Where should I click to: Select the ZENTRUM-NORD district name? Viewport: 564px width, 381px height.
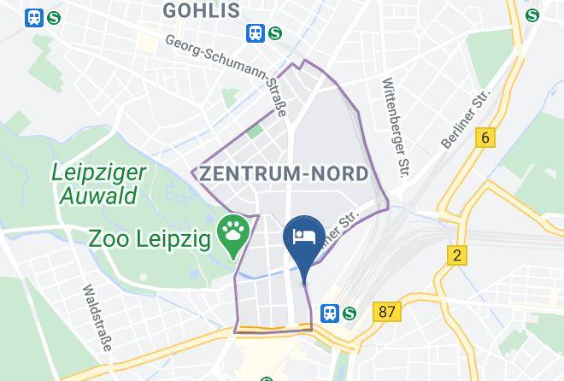click(x=284, y=173)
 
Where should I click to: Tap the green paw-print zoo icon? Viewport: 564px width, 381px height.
click(x=232, y=231)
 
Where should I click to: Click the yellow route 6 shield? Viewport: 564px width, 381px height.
click(x=487, y=138)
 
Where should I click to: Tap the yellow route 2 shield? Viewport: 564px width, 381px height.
click(x=457, y=255)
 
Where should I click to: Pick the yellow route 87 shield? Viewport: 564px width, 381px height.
click(x=387, y=312)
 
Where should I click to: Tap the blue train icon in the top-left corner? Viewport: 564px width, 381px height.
click(x=34, y=16)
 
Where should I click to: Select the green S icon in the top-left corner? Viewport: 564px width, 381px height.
click(x=54, y=16)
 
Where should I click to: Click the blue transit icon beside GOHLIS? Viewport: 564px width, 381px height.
click(x=255, y=32)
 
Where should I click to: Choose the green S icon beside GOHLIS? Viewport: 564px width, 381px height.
click(x=274, y=32)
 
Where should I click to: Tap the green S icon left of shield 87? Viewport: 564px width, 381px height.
click(x=350, y=313)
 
